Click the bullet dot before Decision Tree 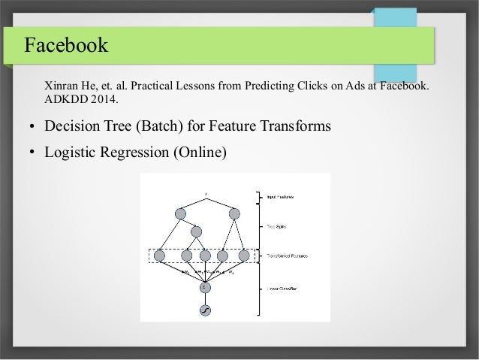click(x=32, y=128)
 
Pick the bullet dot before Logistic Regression click(x=32, y=153)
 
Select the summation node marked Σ click(x=204, y=286)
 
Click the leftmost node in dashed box click(x=159, y=256)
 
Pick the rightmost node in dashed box click(x=243, y=256)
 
